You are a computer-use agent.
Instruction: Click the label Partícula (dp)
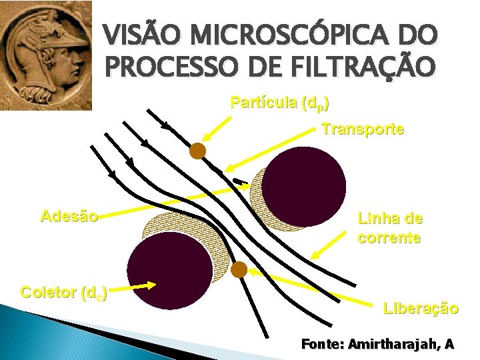tap(279, 103)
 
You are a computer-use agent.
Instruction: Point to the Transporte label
tap(363, 129)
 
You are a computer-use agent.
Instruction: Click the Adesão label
tap(69, 216)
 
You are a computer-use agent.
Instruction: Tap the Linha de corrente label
tap(390, 227)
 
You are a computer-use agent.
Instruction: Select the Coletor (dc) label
tap(64, 292)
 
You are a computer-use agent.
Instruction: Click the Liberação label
tap(421, 308)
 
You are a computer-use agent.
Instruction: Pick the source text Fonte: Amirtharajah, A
tap(378, 344)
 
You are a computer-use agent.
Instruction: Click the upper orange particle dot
tap(197, 151)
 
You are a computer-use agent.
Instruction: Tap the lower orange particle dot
tap(239, 269)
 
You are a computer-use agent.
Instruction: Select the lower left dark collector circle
tap(169, 271)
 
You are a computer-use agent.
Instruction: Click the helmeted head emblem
tap(45, 55)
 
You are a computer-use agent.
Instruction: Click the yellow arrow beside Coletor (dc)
tap(133, 287)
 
